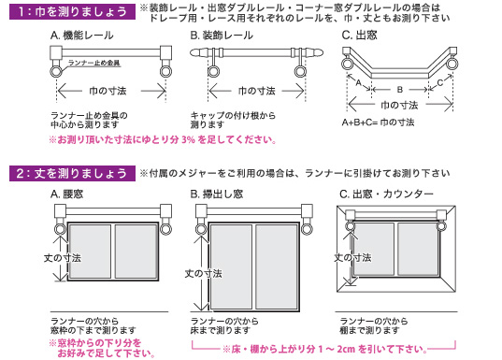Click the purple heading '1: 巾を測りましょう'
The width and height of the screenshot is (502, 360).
coord(72,12)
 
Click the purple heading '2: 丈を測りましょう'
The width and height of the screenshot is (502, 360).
coord(72,173)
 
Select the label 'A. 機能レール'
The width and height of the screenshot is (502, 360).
coord(82,36)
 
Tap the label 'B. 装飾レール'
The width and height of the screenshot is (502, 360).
coord(222,36)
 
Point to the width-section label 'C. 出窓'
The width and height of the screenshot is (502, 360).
coord(359,36)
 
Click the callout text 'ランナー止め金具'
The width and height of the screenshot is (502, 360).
coord(94,63)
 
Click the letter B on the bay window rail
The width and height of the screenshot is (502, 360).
coord(400,90)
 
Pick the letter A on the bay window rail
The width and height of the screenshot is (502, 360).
coord(359,82)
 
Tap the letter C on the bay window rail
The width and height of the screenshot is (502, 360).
coord(440,82)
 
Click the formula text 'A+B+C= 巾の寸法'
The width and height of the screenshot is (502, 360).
coord(378,122)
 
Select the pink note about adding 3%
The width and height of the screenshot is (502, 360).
coord(163,140)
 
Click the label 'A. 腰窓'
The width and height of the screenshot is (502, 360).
coord(67,194)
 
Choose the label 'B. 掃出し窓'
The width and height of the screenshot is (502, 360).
coord(217,194)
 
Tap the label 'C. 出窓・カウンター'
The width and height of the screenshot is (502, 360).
coord(386,194)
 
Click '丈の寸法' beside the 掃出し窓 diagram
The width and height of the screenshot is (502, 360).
coord(203,274)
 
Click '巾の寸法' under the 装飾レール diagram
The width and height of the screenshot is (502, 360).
coord(257,92)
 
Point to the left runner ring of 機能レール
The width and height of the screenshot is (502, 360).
coord(56,72)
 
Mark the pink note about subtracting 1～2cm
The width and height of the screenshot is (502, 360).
coord(324,349)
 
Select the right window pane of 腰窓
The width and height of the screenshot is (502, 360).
coord(136,252)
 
